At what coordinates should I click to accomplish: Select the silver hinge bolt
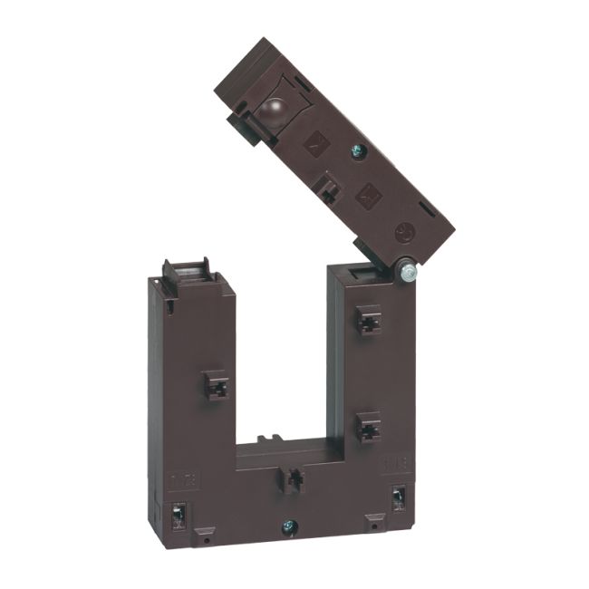pyautogui.click(x=409, y=270)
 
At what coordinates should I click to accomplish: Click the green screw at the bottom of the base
pyautogui.click(x=288, y=524)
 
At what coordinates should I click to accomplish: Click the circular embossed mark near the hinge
pyautogui.click(x=405, y=233)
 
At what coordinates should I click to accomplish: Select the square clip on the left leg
pyautogui.click(x=216, y=386)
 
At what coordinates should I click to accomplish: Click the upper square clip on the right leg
pyautogui.click(x=367, y=319)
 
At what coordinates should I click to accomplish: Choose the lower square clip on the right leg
pyautogui.click(x=367, y=426)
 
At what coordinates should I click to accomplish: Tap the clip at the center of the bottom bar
pyautogui.click(x=292, y=479)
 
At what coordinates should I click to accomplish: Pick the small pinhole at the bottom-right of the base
pyautogui.click(x=369, y=526)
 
